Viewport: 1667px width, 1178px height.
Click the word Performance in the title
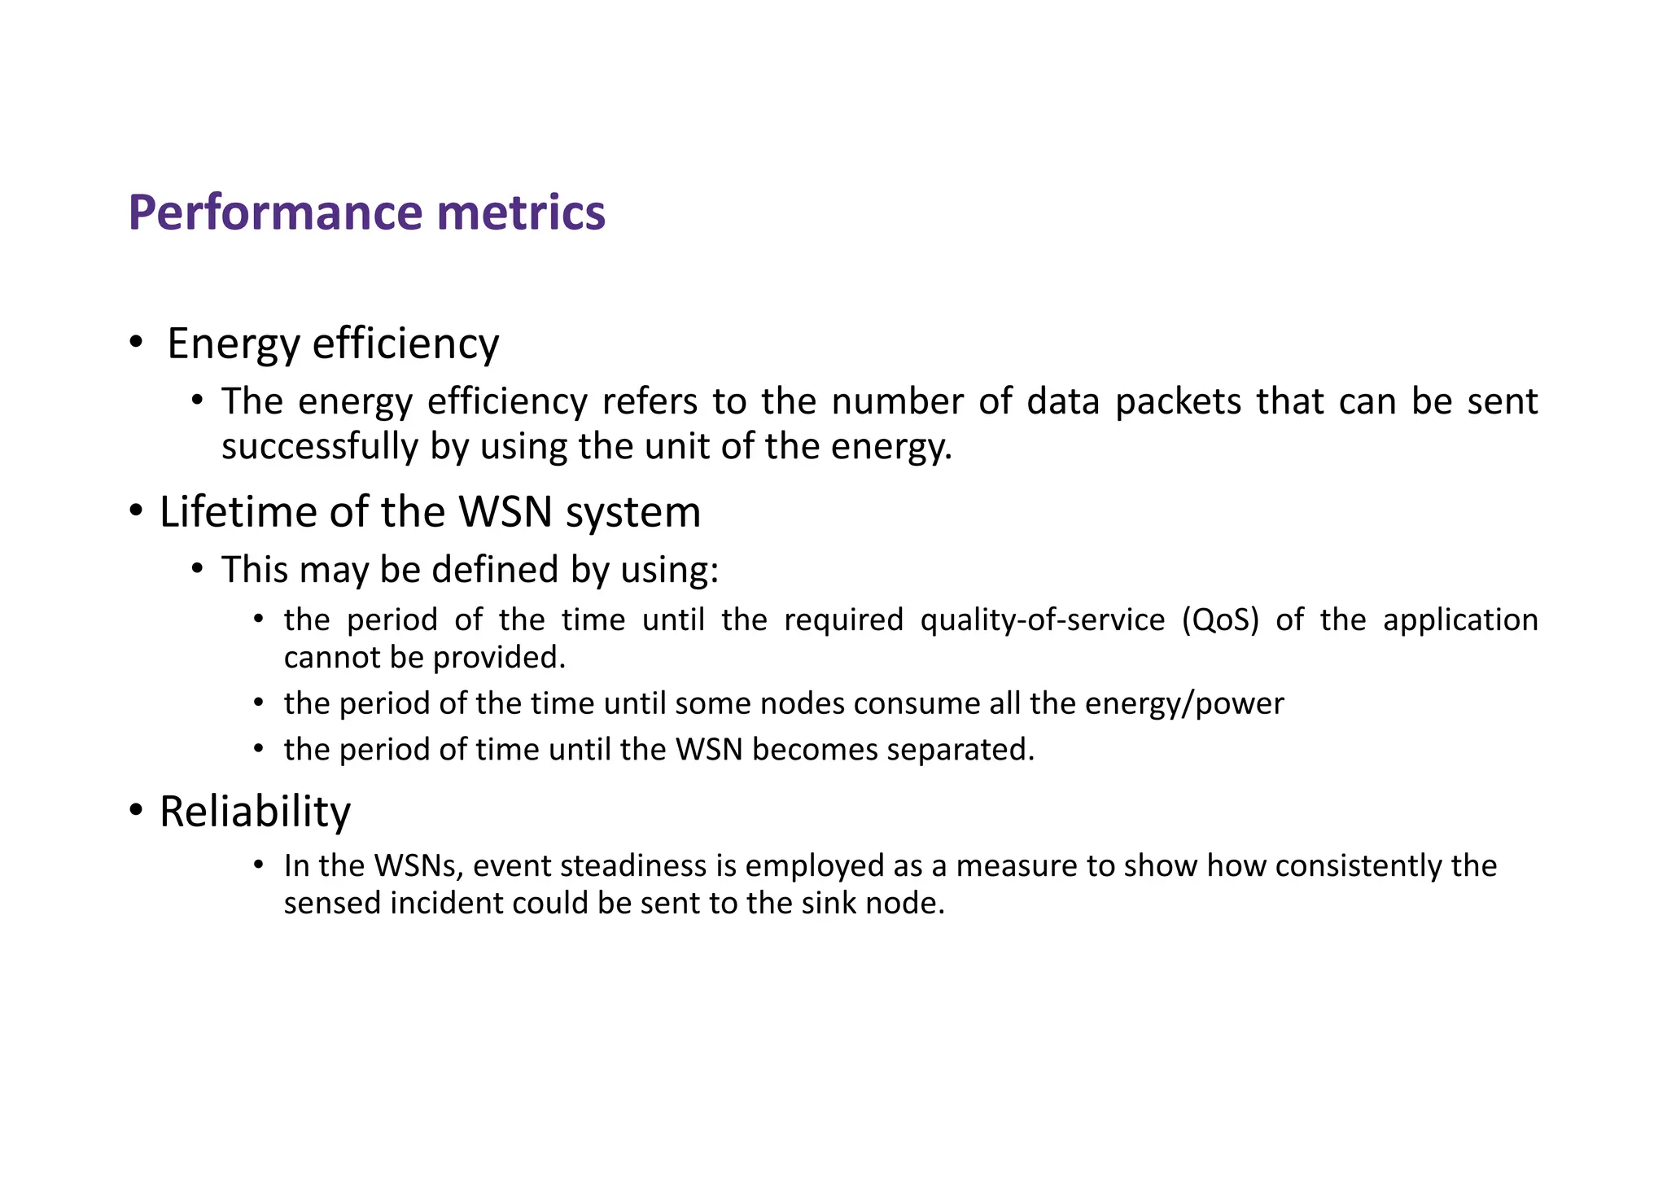pyautogui.click(x=276, y=213)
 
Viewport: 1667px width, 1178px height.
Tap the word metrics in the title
pyautogui.click(x=521, y=213)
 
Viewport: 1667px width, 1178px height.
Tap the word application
pyautogui.click(x=1460, y=620)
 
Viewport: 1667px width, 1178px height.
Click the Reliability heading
pyautogui.click(x=255, y=812)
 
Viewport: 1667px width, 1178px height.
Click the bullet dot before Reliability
pyautogui.click(x=136, y=811)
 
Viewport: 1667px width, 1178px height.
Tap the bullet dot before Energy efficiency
pyautogui.click(x=136, y=343)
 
